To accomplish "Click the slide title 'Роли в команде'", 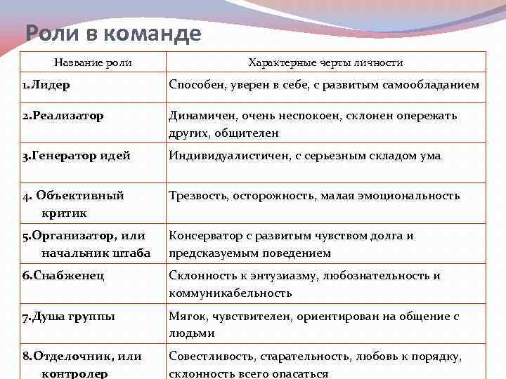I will pyautogui.click(x=113, y=33).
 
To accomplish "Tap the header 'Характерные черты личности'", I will pyautogui.click(x=325, y=62).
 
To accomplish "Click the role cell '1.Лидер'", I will pyautogui.click(x=50, y=86).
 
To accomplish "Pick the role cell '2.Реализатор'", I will pyautogui.click(x=63, y=116).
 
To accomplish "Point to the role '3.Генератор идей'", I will pyautogui.click(x=76, y=156).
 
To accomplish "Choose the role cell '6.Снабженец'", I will pyautogui.click(x=63, y=276).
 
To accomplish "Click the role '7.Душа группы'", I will pyautogui.click(x=68, y=317).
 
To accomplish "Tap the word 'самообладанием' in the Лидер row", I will pyautogui.click(x=432, y=86).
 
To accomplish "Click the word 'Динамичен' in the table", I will pyautogui.click(x=198, y=116).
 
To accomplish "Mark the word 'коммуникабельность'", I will pyautogui.click(x=230, y=293).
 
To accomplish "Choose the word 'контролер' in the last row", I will pyautogui.click(x=75, y=373).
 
